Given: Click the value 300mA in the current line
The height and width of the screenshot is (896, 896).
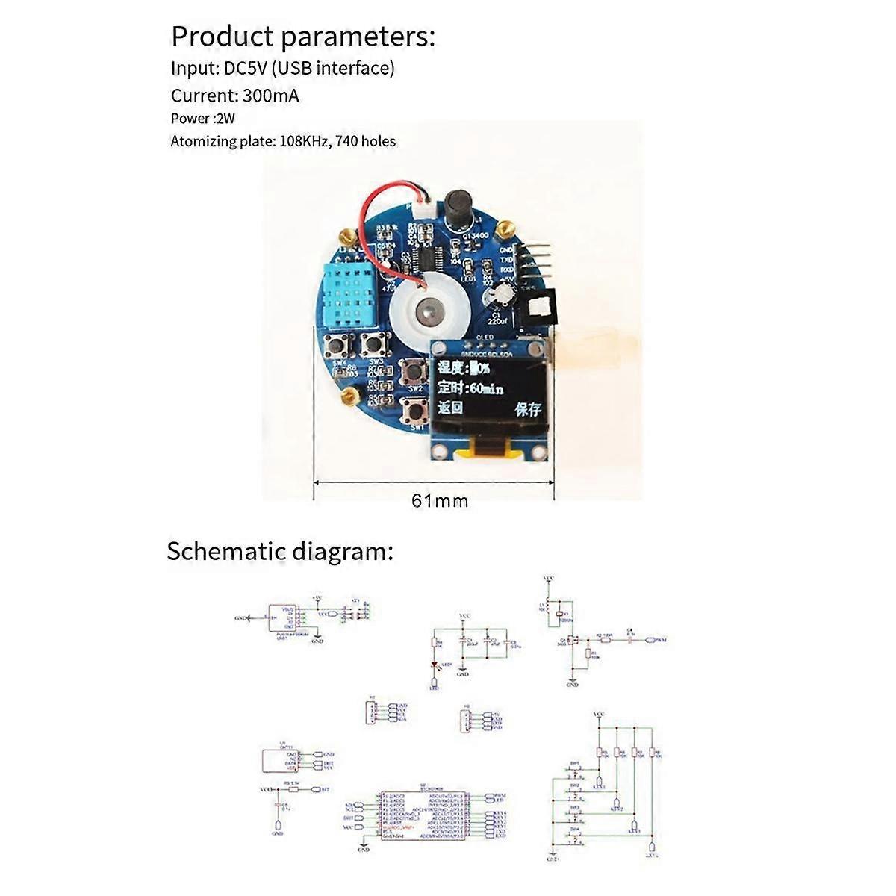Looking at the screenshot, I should click(x=270, y=96).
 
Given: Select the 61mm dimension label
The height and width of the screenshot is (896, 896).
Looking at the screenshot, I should click(x=440, y=500).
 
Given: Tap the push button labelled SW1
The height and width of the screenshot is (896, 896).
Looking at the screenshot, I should click(x=414, y=408).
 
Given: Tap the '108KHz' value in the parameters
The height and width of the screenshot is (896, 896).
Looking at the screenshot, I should click(x=305, y=141).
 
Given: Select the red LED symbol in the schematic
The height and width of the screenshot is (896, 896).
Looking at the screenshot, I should click(x=435, y=665).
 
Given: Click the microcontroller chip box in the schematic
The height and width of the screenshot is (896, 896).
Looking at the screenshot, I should click(x=423, y=815).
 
